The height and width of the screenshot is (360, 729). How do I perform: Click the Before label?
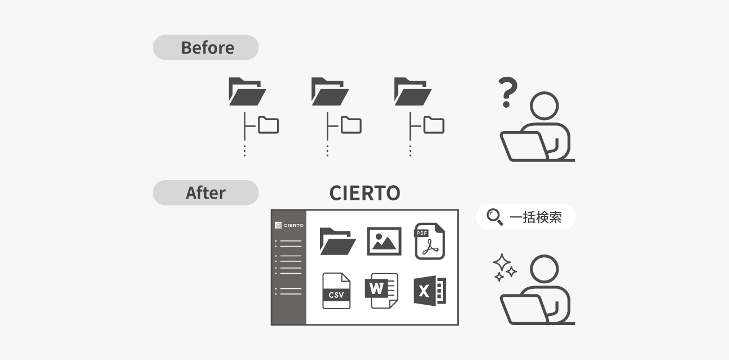click(x=207, y=47)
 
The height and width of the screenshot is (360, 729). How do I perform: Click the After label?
click(x=205, y=192)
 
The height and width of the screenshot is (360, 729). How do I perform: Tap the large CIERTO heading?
click(x=364, y=193)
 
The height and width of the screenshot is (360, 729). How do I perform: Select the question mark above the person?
click(x=508, y=92)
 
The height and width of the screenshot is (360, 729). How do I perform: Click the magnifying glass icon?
click(x=495, y=217)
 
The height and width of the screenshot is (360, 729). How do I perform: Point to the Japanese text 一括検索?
click(x=535, y=217)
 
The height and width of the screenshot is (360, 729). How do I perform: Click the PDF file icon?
click(x=429, y=241)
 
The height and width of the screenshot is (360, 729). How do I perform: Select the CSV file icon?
click(x=336, y=291)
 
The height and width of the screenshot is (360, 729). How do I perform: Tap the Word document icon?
click(x=381, y=291)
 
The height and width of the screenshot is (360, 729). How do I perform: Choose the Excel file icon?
click(x=429, y=291)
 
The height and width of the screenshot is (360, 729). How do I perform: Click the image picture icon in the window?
click(x=384, y=241)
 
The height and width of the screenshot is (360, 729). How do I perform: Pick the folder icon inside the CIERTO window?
click(x=337, y=241)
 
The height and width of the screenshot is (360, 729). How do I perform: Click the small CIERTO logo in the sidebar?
click(x=289, y=225)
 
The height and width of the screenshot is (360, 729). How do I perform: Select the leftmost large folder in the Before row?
click(x=247, y=91)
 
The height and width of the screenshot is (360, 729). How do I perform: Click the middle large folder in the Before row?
click(x=330, y=91)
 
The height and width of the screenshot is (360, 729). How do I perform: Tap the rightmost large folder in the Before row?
click(x=412, y=91)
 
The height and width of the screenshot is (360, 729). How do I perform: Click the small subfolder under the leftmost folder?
click(x=269, y=125)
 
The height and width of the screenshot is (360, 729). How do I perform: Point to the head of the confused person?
click(x=544, y=106)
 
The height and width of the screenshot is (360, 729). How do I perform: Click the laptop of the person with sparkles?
click(x=524, y=309)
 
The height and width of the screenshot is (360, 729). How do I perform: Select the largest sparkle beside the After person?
click(x=502, y=262)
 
